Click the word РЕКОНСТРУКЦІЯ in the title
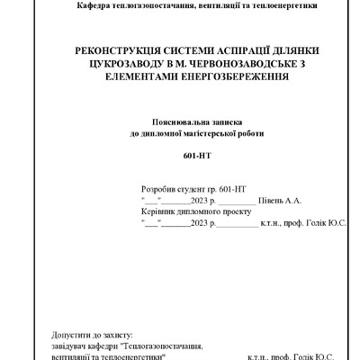click(98, 53)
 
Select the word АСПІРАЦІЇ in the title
click(225, 53)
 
